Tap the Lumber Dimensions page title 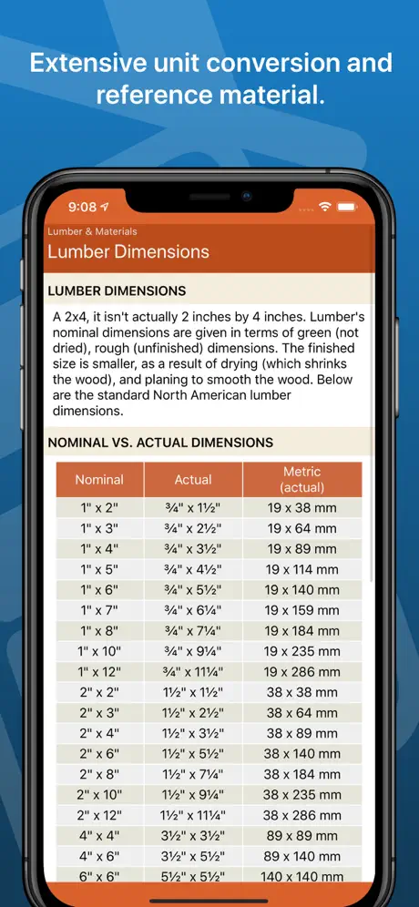tap(128, 251)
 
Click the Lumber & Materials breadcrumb tap(92, 231)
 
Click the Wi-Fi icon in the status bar tap(325, 207)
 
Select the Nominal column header tap(99, 479)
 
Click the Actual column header tap(193, 479)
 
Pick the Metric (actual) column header tap(301, 479)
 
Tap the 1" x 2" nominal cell tap(99, 507)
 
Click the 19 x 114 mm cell tap(301, 569)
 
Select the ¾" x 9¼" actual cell tap(193, 651)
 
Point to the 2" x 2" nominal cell tap(99, 692)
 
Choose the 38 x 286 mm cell tap(301, 815)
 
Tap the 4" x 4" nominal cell tap(99, 836)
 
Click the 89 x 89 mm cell tap(301, 836)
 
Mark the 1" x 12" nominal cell tap(99, 672)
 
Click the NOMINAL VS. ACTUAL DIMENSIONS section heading tap(160, 443)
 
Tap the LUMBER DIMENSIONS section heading tap(117, 291)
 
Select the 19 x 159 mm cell tap(301, 610)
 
